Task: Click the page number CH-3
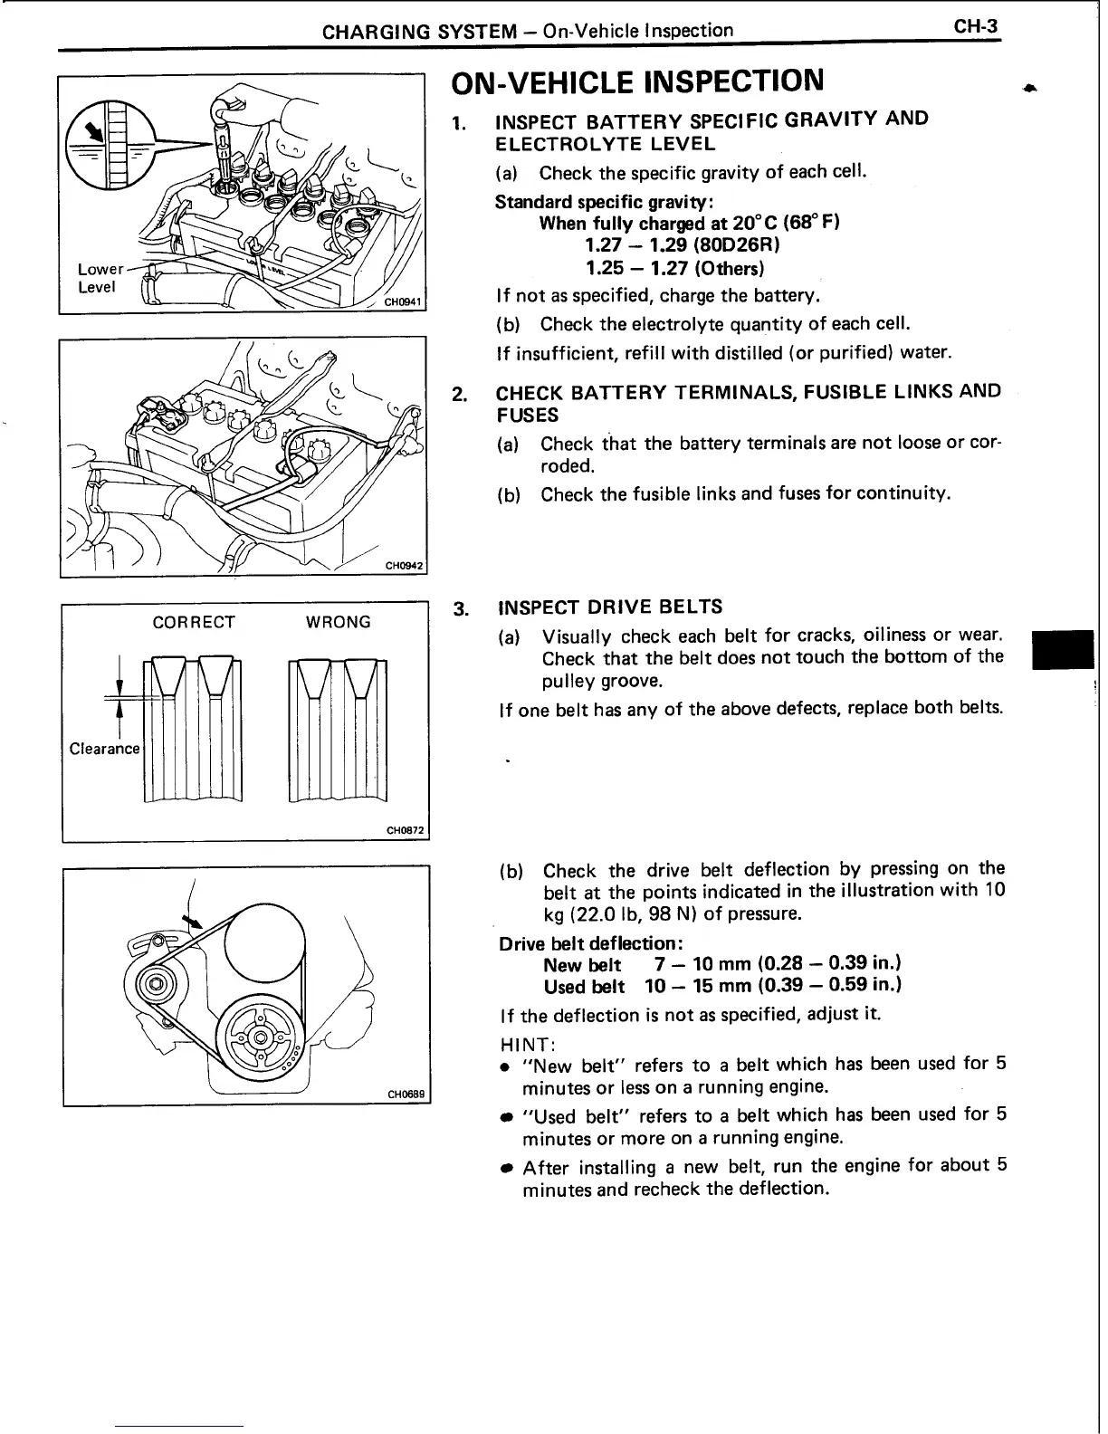click(x=975, y=27)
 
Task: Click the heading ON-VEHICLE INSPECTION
click(x=637, y=81)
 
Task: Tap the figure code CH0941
click(x=404, y=302)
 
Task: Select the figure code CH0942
click(x=404, y=567)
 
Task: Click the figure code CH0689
click(x=406, y=1095)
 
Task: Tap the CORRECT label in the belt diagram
click(x=194, y=622)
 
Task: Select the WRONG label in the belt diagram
click(x=339, y=622)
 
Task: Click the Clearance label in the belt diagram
click(x=105, y=749)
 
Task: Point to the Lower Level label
click(x=100, y=278)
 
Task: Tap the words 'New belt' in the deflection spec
click(x=582, y=965)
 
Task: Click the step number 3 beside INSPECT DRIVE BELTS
click(x=459, y=607)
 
